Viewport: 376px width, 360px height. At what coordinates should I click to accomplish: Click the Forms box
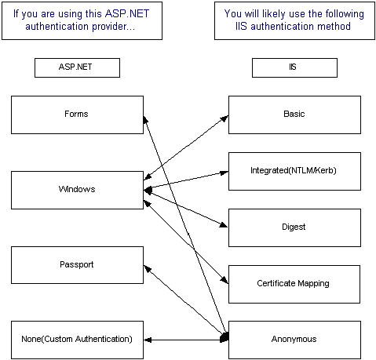(77, 115)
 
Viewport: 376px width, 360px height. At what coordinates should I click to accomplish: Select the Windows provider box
(77, 190)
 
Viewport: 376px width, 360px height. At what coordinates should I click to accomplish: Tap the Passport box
(77, 265)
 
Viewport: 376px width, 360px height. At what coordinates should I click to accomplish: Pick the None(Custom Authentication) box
(77, 340)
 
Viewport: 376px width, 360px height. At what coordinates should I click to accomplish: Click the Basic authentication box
(294, 115)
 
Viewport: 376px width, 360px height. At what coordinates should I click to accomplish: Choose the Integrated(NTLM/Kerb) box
(294, 171)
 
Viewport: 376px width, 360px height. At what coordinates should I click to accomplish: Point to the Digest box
(294, 227)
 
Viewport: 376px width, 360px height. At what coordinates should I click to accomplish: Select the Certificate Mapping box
(294, 284)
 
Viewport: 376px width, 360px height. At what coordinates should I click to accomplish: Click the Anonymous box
(294, 340)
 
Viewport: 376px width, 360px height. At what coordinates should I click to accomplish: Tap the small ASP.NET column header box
(77, 67)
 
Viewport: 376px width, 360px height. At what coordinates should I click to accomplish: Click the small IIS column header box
(294, 67)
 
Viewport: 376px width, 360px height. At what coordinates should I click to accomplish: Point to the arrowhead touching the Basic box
(225, 118)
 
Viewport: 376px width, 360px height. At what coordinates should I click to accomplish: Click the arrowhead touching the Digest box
(224, 225)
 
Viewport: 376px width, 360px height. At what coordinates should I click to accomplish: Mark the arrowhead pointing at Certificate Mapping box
(225, 280)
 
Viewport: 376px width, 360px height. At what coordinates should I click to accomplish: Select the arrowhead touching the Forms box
(145, 119)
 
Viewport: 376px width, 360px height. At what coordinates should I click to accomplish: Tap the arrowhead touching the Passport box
(148, 269)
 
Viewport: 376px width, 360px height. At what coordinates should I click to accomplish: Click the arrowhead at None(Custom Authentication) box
(148, 340)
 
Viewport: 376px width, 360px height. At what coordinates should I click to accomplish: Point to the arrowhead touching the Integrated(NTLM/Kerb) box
(225, 173)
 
